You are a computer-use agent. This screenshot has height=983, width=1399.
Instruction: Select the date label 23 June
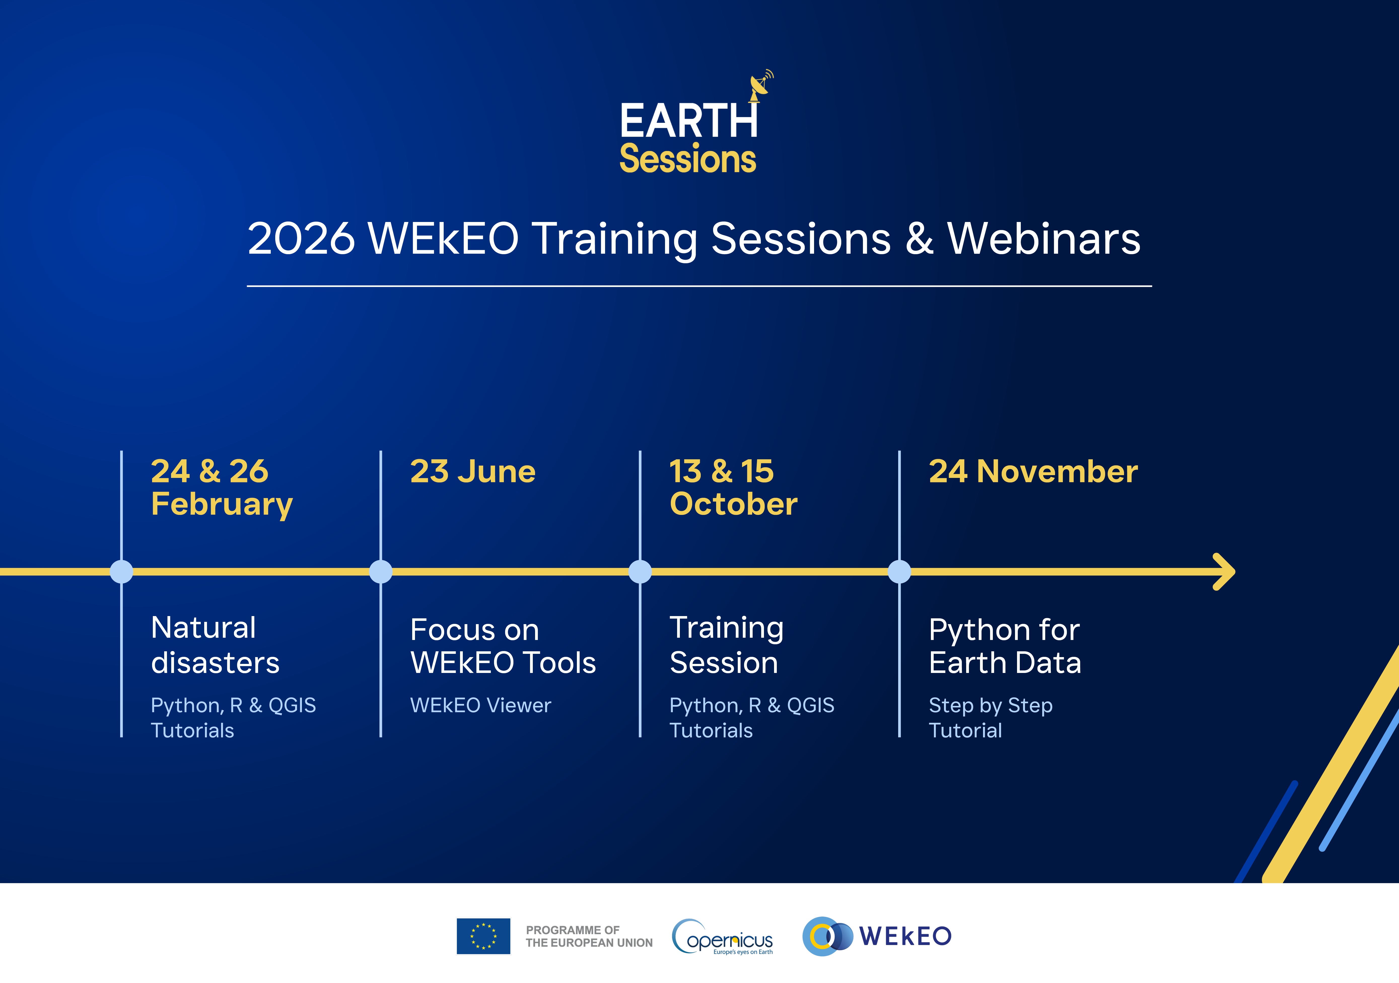coord(473,471)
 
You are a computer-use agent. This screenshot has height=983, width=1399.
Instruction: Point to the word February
coord(222,505)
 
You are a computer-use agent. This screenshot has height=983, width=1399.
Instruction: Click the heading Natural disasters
coord(215,645)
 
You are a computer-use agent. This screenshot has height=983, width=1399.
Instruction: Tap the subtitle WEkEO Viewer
coord(481,705)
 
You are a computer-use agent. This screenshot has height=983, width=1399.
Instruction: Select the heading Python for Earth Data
coord(1005,646)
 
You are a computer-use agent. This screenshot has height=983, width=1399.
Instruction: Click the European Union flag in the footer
coord(483,936)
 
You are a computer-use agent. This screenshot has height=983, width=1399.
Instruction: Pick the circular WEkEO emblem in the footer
coord(827,936)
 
